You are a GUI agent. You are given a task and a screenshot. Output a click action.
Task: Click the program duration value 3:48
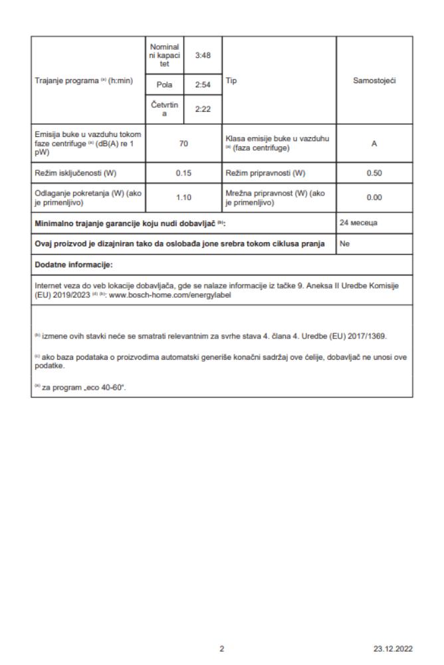(202, 55)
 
